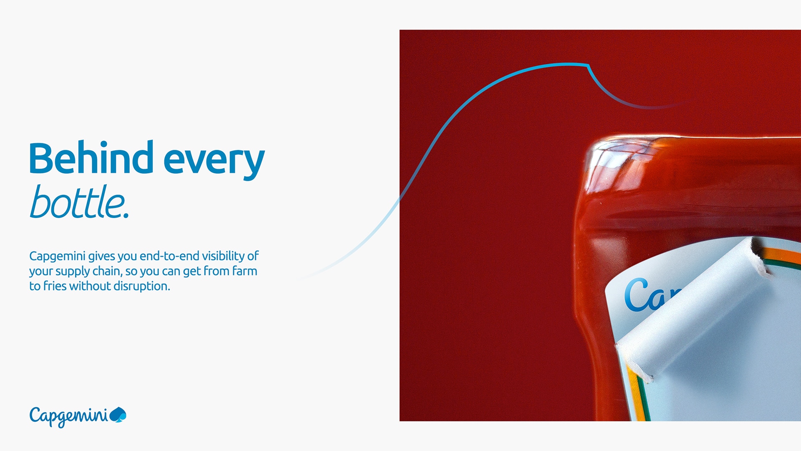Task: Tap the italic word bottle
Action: [x=79, y=202]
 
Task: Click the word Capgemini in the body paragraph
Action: [x=57, y=256]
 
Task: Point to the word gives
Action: [x=101, y=256]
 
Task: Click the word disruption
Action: [x=142, y=286]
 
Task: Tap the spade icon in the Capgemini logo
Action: [x=118, y=415]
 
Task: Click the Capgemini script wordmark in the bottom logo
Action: [x=68, y=416]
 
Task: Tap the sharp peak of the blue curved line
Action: [x=587, y=65]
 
